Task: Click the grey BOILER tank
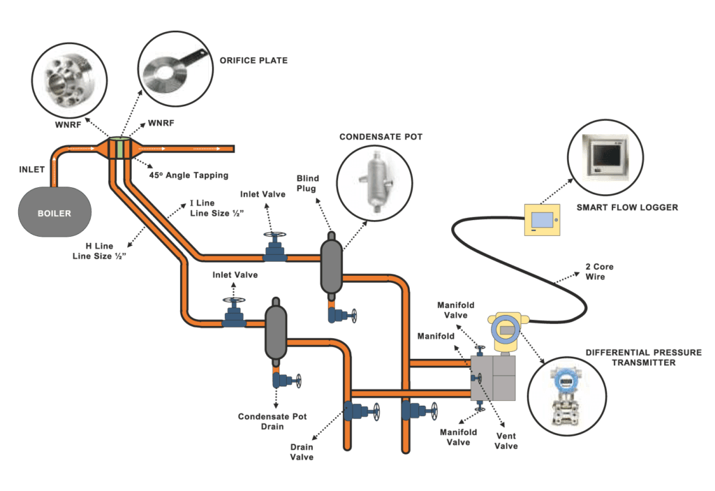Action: (54, 212)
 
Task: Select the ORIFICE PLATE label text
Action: (253, 61)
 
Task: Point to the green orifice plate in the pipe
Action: (119, 149)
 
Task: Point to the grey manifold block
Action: (492, 377)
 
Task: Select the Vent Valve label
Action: (506, 440)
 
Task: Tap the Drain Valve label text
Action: (302, 451)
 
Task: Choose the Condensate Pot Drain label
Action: (272, 422)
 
